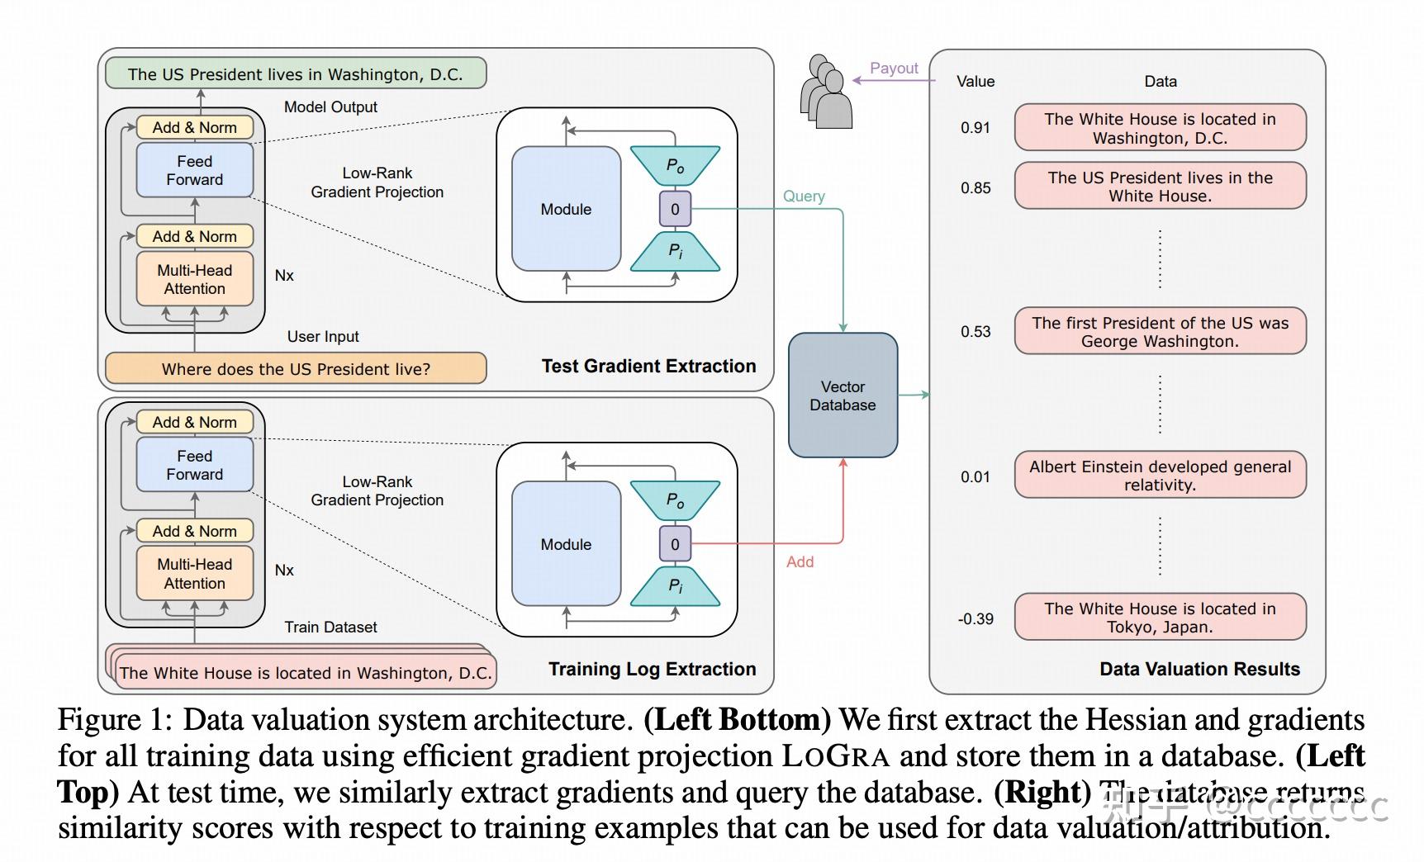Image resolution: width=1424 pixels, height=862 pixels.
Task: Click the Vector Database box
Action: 843,395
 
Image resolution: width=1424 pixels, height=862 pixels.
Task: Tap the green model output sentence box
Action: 295,74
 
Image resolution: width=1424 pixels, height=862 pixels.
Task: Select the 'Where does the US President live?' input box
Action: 295,368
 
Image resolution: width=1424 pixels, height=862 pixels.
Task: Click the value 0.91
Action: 975,127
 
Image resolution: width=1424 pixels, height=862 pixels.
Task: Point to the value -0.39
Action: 975,618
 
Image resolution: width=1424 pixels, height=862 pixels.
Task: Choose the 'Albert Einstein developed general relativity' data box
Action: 1160,475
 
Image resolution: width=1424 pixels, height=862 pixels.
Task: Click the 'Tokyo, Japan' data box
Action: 1160,617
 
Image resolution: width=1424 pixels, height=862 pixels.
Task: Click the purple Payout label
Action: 894,69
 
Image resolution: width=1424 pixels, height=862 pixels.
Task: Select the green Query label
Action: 804,196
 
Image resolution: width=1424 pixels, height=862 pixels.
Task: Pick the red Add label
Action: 800,561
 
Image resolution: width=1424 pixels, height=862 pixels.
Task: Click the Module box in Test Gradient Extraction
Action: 566,209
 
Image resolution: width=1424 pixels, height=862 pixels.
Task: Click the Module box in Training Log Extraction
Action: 566,544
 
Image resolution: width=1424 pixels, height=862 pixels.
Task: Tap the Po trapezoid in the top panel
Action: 675,166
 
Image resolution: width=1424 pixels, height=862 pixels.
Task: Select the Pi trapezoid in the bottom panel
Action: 675,585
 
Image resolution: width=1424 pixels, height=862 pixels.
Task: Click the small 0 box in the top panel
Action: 675,209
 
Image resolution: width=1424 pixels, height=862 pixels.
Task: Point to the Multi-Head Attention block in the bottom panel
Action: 194,574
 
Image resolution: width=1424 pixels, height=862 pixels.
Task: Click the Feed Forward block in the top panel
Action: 194,170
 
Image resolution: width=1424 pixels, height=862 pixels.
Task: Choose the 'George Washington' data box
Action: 1160,331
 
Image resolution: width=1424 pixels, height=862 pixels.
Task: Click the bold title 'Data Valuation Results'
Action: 1199,669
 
